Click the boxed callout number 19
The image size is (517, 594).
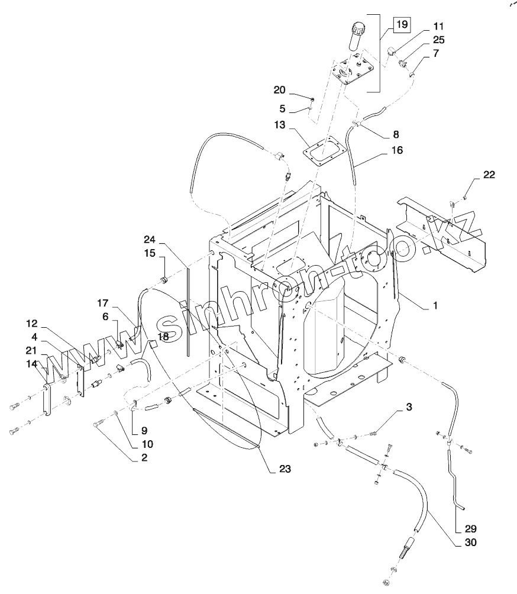[x=402, y=25]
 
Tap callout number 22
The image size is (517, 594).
[x=489, y=175]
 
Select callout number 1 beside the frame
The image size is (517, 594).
[x=435, y=305]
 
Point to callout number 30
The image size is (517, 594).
[x=470, y=543]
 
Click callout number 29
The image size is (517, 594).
[x=470, y=529]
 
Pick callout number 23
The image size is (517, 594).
[x=285, y=469]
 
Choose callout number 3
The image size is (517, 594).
[x=409, y=407]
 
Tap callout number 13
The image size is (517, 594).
[x=280, y=125]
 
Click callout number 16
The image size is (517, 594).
[x=397, y=150]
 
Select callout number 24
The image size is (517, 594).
[x=150, y=240]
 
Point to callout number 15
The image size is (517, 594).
[x=150, y=253]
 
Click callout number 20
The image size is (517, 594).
[x=280, y=90]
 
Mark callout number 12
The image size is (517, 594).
[x=32, y=324]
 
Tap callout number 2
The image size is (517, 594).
[x=144, y=457]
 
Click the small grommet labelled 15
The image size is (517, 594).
[x=164, y=280]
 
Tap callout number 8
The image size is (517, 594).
[x=396, y=134]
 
